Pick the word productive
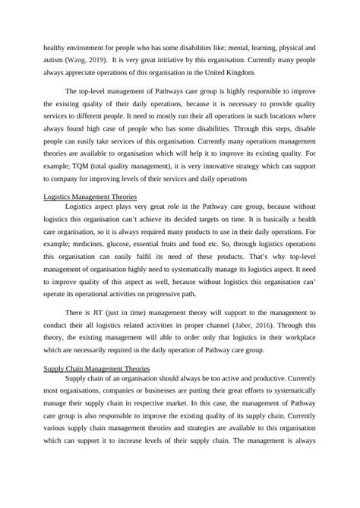266,379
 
